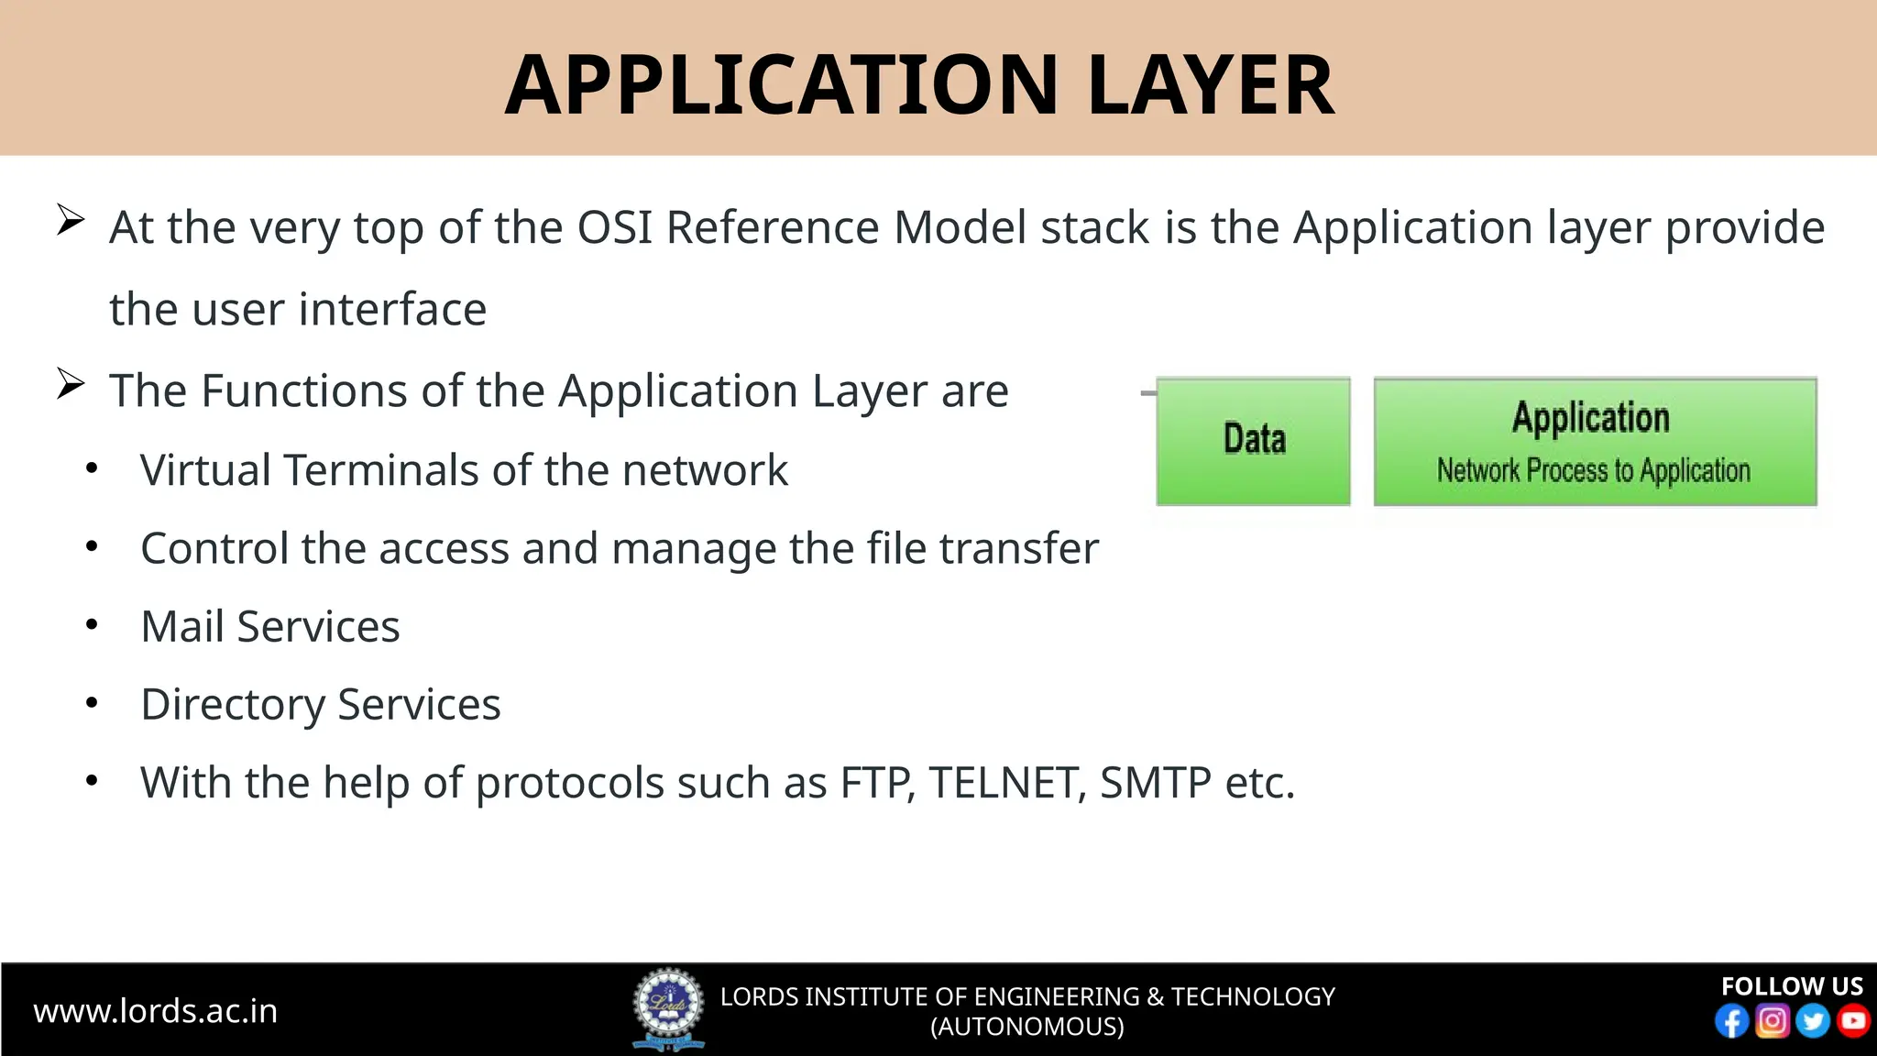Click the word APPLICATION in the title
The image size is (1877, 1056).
click(x=781, y=85)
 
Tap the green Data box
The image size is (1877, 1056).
click(x=1253, y=441)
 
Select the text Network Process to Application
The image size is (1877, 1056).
click(x=1593, y=471)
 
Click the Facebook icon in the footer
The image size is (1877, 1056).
click(x=1731, y=1021)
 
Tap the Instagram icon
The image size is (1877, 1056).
click(x=1772, y=1021)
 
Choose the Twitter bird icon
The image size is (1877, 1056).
click(x=1812, y=1021)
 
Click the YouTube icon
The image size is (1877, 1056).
click(x=1853, y=1021)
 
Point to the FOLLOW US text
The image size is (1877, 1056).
click(x=1791, y=986)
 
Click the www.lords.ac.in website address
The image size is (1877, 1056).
click(x=155, y=1011)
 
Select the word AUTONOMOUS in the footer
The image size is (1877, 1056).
click(x=1027, y=1027)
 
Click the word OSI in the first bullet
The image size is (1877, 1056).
click(x=614, y=227)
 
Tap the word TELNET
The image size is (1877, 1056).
click(x=1006, y=784)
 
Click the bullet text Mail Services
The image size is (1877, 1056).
click(x=270, y=627)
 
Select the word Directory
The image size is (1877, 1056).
click(x=233, y=706)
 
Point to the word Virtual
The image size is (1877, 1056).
click(x=205, y=470)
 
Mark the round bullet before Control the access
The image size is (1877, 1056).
click(x=92, y=547)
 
